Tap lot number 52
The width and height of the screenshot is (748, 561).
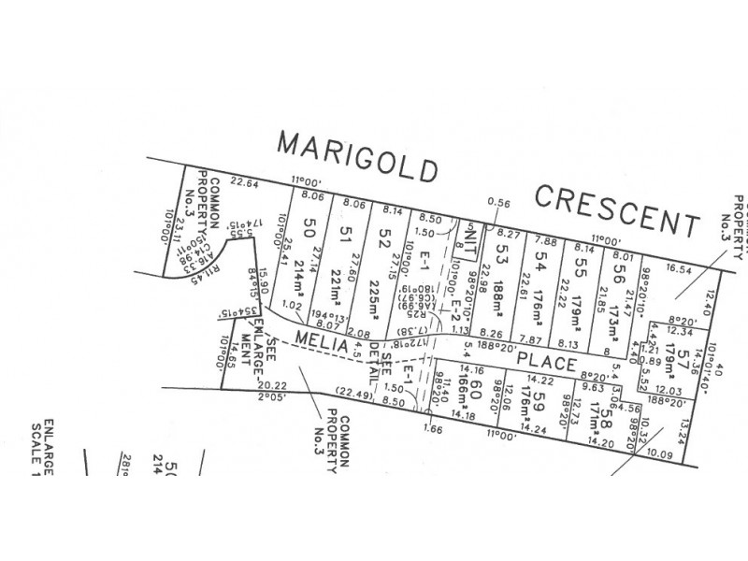point(382,237)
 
